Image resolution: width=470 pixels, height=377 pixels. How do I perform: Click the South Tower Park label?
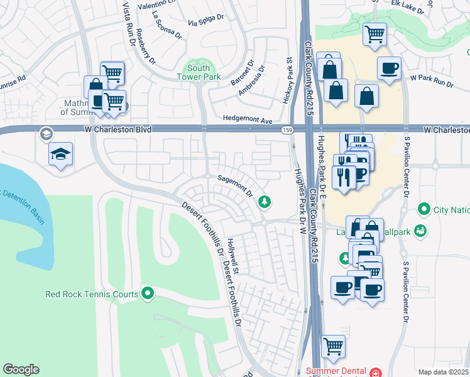tap(199, 72)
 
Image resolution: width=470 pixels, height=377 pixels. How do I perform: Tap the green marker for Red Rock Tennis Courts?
tap(148, 293)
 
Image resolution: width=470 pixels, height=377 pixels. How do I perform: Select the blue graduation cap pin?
tap(61, 155)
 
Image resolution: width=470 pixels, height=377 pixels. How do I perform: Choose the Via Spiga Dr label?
tap(205, 19)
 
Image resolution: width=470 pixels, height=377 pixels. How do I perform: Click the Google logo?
tap(21, 369)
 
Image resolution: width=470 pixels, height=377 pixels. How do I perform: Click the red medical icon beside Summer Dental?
tap(376, 372)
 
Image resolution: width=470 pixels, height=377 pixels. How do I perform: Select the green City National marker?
tap(424, 209)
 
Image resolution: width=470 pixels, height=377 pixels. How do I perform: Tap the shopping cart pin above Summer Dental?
tap(333, 345)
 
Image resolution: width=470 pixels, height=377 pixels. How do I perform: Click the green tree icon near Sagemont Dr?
tap(265, 201)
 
